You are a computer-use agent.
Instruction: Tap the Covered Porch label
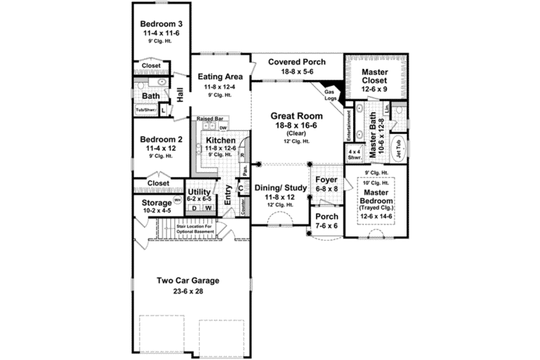[296, 62]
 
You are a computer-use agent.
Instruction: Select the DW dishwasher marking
[223, 127]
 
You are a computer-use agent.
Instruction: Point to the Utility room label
[199, 192]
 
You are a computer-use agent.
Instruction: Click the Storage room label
[155, 203]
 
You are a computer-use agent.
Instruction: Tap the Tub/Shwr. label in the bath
[146, 109]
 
